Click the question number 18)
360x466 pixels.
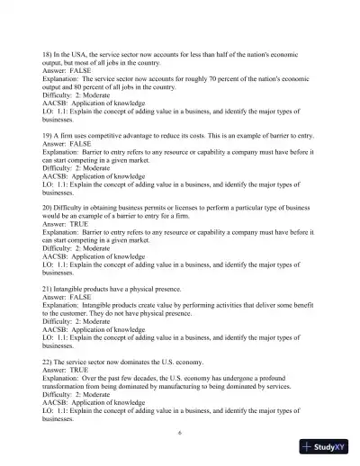pyautogui.click(x=48, y=56)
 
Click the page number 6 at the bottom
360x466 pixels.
pyautogui.click(x=180, y=432)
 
